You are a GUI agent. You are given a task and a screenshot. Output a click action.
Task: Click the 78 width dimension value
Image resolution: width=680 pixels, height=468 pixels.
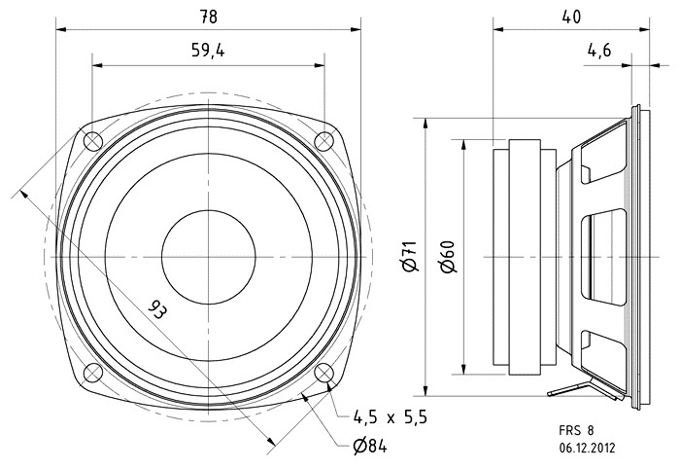coord(208,16)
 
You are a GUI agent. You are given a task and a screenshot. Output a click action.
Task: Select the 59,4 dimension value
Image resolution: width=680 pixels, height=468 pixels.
coord(208,53)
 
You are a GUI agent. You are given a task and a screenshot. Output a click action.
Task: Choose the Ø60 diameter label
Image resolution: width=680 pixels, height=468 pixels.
coord(448,257)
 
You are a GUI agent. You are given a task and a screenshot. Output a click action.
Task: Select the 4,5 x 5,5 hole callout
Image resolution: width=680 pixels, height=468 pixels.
coord(389,416)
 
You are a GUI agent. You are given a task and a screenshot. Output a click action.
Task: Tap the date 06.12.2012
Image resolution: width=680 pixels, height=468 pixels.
coord(586,449)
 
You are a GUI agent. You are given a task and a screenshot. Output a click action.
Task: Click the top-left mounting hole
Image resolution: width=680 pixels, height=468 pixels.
coord(92,141)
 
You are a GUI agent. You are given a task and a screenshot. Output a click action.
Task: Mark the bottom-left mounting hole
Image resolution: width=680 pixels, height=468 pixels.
coord(92,373)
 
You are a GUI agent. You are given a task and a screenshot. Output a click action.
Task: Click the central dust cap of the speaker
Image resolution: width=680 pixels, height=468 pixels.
coord(208,257)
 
